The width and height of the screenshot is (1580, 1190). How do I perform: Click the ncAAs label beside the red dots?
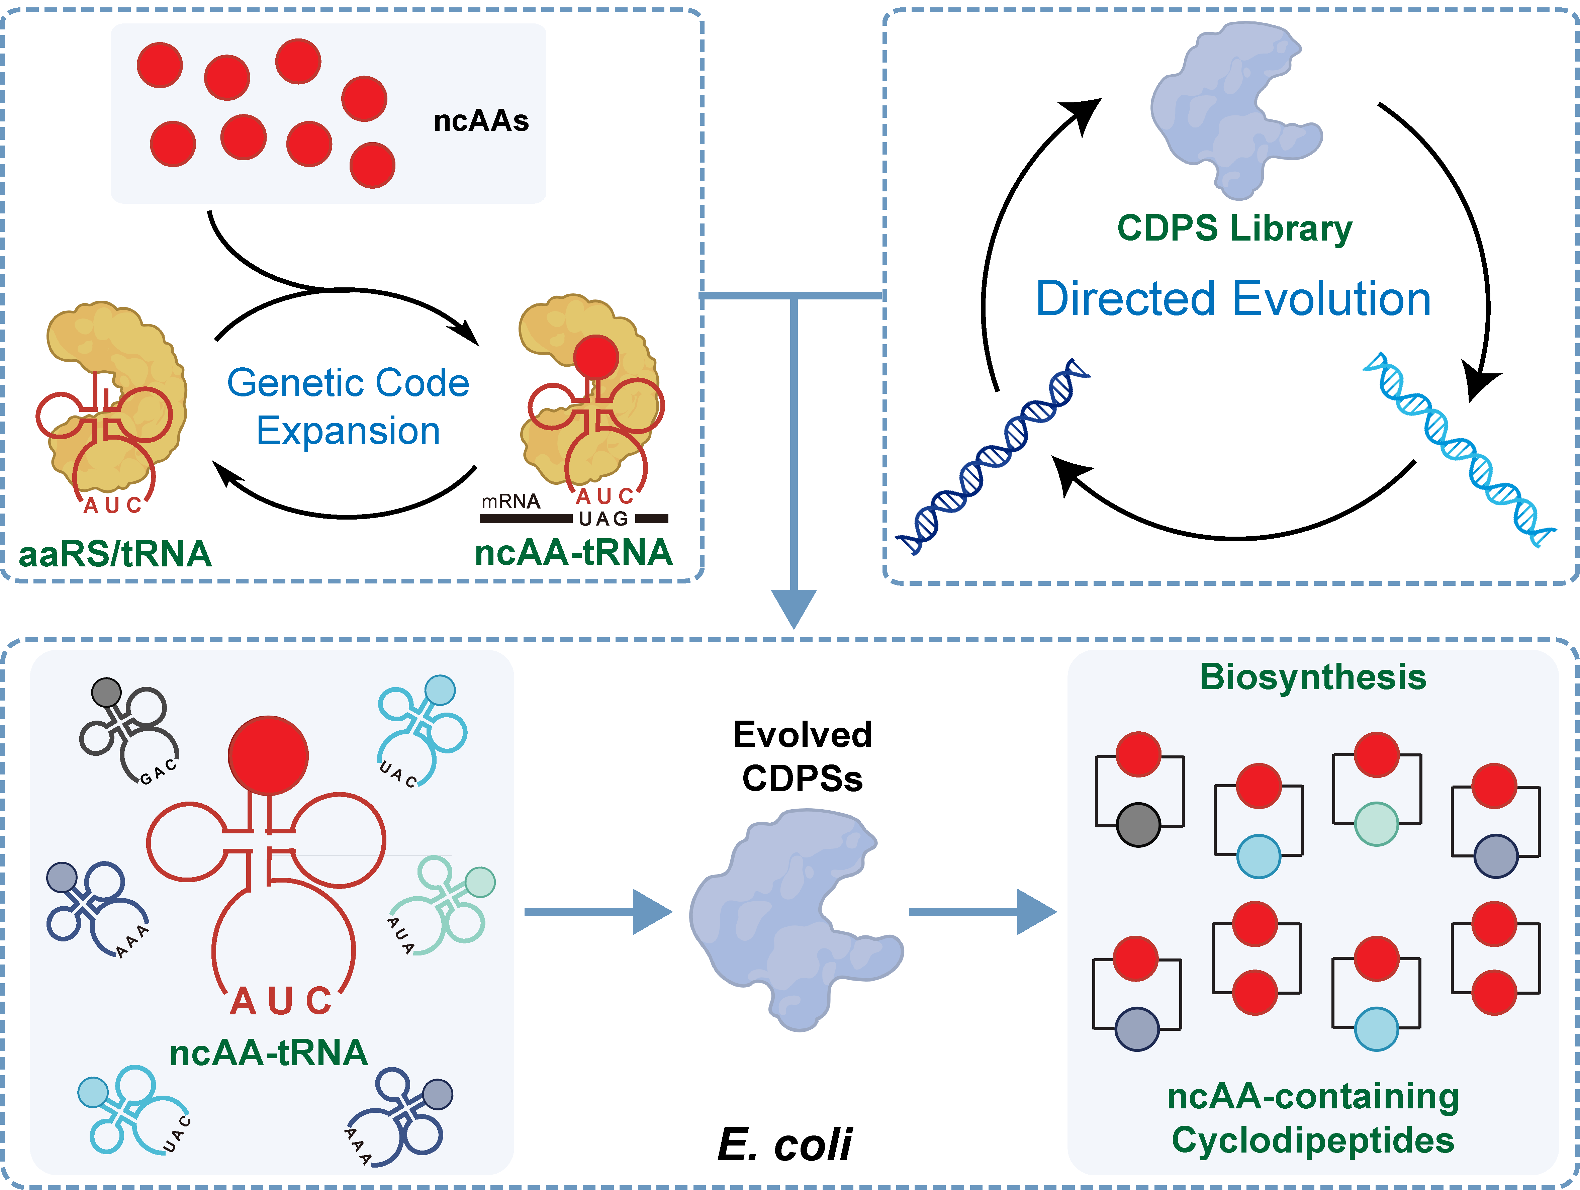(481, 121)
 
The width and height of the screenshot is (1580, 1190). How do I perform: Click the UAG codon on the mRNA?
(603, 519)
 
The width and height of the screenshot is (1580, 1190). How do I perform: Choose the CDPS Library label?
(1234, 228)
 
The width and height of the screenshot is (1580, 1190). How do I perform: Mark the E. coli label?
(784, 1144)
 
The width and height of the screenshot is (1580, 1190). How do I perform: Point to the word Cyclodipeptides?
(1313, 1140)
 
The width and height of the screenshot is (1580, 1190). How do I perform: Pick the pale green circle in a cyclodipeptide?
(1376, 824)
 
